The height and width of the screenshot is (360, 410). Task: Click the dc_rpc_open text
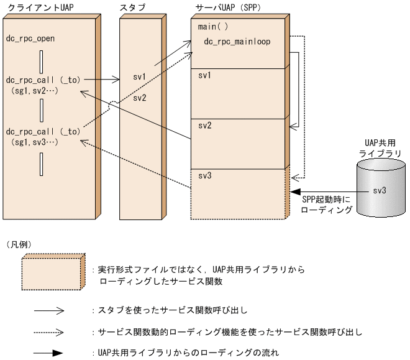click(x=30, y=39)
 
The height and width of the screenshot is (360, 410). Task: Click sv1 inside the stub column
click(x=140, y=78)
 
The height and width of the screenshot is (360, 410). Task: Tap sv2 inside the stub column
click(x=140, y=98)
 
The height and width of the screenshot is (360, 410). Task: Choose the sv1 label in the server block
click(x=204, y=75)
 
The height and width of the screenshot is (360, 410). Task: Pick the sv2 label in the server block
click(x=204, y=125)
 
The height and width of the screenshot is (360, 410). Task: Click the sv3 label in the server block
click(x=204, y=176)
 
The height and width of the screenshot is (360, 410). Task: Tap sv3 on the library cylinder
click(x=380, y=190)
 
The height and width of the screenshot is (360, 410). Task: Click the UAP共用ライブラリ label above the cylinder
click(x=380, y=147)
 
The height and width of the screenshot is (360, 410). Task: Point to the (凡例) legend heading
click(x=19, y=243)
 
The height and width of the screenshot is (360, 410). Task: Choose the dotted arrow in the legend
click(x=49, y=331)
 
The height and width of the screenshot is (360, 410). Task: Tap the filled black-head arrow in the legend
click(x=49, y=353)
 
